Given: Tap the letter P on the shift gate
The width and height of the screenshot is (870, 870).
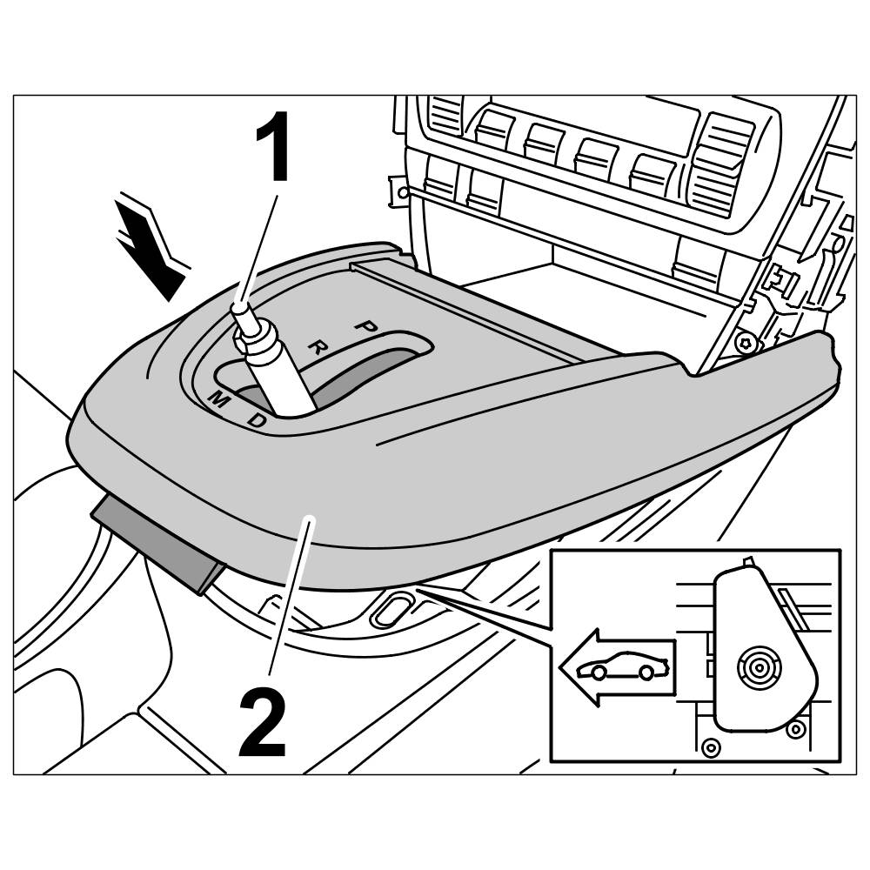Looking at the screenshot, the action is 365,326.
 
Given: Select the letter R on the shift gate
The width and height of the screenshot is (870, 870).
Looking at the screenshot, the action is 318,348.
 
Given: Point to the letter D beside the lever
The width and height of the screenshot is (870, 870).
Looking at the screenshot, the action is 258,420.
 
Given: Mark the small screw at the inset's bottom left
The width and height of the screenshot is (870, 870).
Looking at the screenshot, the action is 711,746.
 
